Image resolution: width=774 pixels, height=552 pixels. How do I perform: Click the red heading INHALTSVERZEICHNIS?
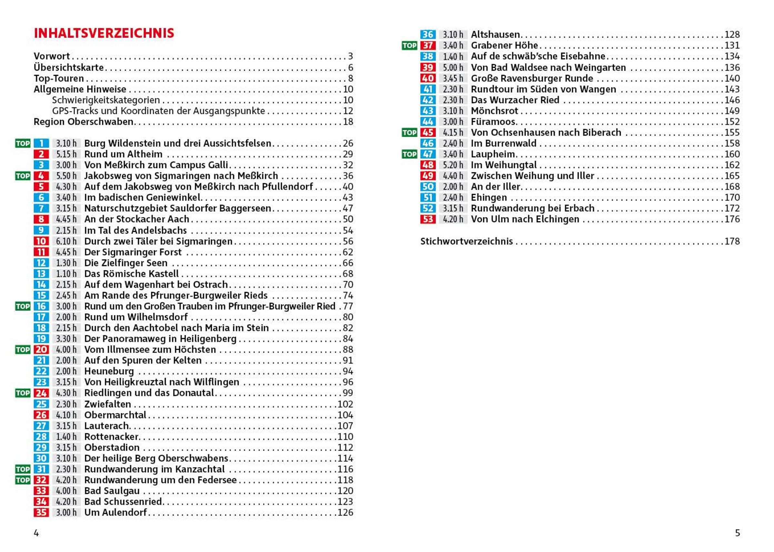click(x=104, y=33)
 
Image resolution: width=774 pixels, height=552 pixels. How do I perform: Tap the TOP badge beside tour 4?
click(x=23, y=176)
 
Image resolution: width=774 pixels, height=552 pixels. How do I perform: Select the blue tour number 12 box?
click(x=41, y=263)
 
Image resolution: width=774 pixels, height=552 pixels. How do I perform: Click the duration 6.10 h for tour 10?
click(x=66, y=241)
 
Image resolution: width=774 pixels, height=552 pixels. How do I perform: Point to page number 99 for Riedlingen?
click(x=348, y=393)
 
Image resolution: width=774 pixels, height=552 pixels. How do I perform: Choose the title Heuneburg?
click(x=109, y=371)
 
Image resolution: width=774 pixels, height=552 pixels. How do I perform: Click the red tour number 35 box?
click(x=41, y=512)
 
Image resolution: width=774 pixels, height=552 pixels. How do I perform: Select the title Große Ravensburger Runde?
click(x=532, y=78)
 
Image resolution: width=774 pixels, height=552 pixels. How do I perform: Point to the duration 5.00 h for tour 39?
click(x=452, y=68)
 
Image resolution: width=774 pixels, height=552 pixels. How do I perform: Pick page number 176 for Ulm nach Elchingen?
click(x=732, y=219)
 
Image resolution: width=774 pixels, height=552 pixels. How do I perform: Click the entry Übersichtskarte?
click(x=69, y=68)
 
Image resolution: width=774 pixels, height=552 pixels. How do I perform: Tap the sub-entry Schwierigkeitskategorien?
click(x=106, y=100)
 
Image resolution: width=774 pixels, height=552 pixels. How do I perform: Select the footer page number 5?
click(x=737, y=533)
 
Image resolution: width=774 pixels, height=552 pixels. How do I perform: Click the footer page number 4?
click(x=36, y=533)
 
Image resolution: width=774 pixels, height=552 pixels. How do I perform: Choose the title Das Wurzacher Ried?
click(x=515, y=100)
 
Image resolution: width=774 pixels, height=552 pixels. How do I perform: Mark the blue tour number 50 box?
click(x=427, y=186)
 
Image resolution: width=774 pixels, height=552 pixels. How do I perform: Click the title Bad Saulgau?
click(x=112, y=491)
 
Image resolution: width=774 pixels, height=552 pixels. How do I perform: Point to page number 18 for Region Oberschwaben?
click(x=348, y=122)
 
